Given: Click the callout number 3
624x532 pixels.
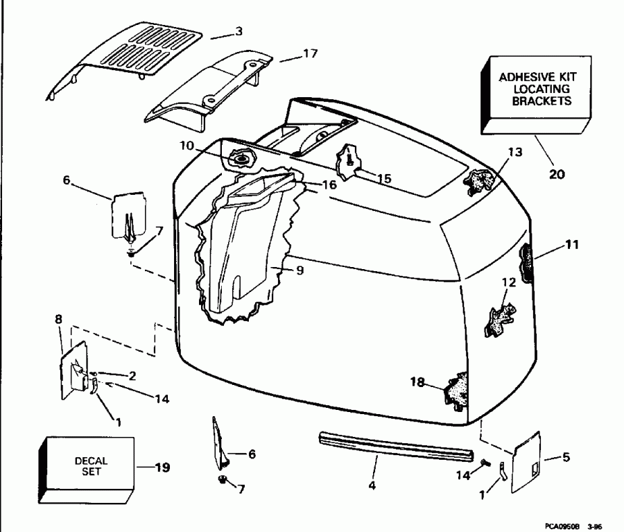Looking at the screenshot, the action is point(239,31).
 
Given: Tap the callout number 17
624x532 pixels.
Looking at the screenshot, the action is point(310,53).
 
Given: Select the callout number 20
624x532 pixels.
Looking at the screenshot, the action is point(557,174).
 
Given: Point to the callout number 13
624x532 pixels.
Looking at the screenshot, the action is point(515,152).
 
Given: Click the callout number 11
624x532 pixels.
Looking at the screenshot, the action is point(572,244).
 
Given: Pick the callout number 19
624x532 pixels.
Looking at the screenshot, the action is point(162,467).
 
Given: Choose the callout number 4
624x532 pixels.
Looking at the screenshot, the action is point(372,485).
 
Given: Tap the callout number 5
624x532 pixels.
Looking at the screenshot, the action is point(566,456).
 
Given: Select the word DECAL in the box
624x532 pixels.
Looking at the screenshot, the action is point(91,461).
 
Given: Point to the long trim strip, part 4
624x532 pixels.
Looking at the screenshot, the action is point(397,447).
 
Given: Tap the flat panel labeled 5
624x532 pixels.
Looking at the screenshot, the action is point(526,462).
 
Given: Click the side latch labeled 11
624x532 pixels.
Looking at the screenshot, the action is point(526,262).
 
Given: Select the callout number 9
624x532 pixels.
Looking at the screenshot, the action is point(300,270).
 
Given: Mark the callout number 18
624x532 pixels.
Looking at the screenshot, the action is point(417,382).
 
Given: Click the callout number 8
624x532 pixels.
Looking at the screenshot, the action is point(58,319).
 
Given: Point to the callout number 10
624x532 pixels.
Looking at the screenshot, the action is point(187,146).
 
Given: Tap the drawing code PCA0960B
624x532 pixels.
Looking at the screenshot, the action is point(562,526).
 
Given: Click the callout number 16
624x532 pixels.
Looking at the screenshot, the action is point(329,185).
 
